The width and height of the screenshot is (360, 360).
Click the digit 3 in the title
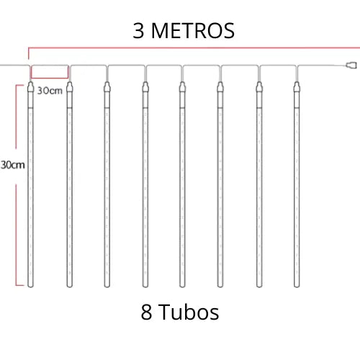coord(138,30)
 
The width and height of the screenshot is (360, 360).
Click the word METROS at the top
coord(193,30)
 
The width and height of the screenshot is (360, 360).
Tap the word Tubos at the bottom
coord(189,312)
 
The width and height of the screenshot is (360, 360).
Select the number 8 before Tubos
coord(146,312)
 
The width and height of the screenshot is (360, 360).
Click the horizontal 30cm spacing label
coord(50,91)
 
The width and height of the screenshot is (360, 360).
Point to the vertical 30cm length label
coord(13,165)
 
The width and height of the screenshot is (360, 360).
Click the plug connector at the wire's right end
coord(351,65)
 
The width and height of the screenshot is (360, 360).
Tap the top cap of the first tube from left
coord(30,87)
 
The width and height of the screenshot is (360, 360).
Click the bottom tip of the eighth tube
coord(297,286)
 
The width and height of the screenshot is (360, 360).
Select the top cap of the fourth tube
coord(145,87)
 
